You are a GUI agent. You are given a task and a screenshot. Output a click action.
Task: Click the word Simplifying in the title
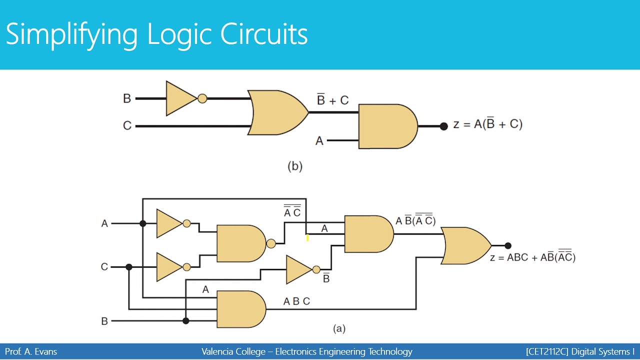[x=71, y=34]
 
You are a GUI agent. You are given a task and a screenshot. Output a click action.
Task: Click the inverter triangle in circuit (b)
[x=180, y=98]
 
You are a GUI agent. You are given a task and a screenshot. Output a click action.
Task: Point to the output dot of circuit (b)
[x=443, y=126]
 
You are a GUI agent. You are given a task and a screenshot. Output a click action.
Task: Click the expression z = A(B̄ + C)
[x=487, y=124]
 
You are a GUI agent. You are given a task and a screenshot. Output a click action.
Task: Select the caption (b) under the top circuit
[x=295, y=166]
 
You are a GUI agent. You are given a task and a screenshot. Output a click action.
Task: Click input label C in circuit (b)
[x=127, y=126]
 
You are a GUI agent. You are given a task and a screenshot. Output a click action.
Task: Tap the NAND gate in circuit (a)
[x=240, y=243]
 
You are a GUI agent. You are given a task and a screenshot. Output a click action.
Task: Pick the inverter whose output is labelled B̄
[x=299, y=269]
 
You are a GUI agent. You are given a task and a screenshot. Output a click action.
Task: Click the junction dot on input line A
[x=143, y=223]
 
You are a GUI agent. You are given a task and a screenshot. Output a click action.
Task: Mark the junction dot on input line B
[x=186, y=321]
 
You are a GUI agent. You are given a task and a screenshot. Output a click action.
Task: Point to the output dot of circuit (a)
[x=508, y=245]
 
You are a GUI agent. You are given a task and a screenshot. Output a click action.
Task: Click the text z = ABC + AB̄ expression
[x=532, y=257]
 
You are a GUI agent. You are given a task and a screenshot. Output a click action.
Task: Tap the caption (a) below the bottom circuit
[x=339, y=328]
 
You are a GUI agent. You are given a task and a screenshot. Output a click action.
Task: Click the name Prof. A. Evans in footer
[x=31, y=351]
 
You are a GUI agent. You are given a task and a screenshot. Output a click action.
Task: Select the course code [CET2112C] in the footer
[x=547, y=351]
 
